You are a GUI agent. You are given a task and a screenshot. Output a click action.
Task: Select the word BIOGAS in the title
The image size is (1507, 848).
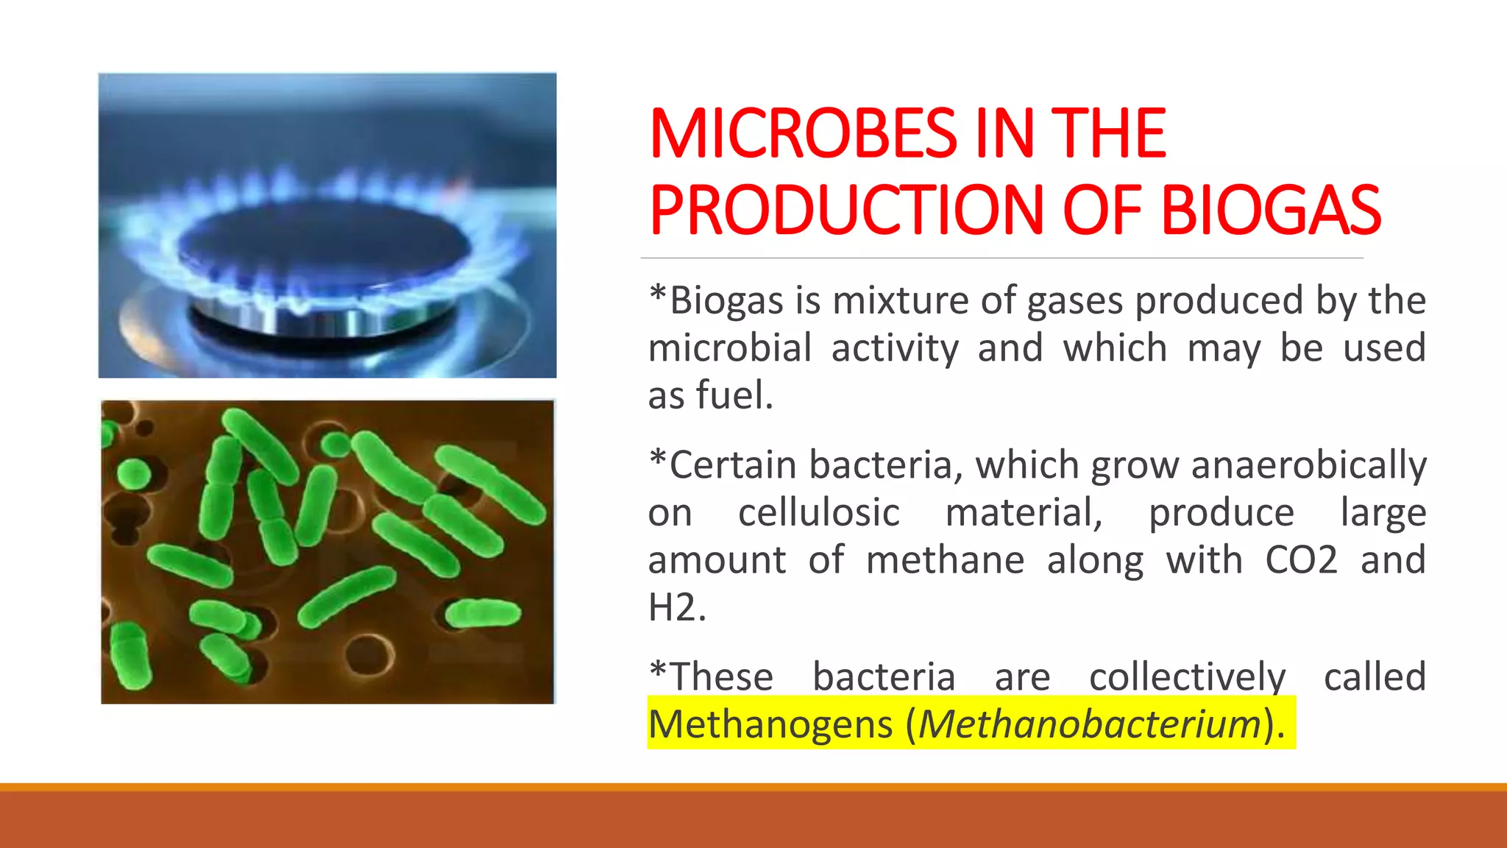pyautogui.click(x=1271, y=211)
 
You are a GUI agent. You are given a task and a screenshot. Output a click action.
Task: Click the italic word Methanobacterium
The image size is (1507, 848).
pyautogui.click(x=1090, y=724)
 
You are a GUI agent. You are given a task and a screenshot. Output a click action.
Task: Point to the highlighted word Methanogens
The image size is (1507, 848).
pyautogui.click(x=770, y=724)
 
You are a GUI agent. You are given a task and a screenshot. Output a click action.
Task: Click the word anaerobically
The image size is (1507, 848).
pyautogui.click(x=1308, y=466)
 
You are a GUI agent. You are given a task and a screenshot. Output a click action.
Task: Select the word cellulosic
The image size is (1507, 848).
pyautogui.click(x=818, y=512)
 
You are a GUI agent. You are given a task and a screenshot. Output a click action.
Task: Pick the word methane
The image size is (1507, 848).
pyautogui.click(x=945, y=560)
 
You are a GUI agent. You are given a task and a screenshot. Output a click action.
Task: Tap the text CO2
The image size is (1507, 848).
pyautogui.click(x=1301, y=560)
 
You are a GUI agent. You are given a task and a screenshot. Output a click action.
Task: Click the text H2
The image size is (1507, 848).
pyautogui.click(x=676, y=608)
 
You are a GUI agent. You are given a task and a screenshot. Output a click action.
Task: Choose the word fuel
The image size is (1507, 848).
pyautogui.click(x=734, y=395)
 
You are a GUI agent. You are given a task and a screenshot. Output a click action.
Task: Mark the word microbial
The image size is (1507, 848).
pyautogui.click(x=730, y=347)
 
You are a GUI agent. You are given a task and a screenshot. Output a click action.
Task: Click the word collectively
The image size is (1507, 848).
pyautogui.click(x=1187, y=677)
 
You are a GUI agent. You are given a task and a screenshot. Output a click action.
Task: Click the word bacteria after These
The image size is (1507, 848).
pyautogui.click(x=883, y=677)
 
